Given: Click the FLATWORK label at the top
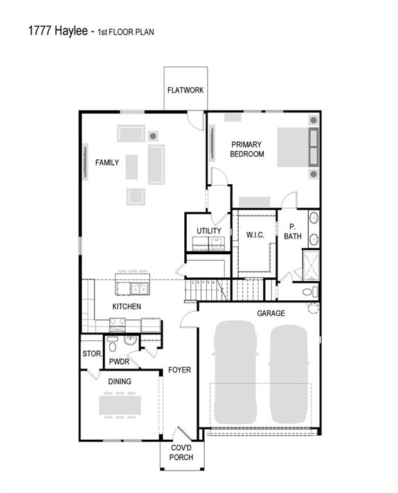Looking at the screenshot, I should [x=186, y=91].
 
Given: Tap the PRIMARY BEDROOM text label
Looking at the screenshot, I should [x=247, y=150].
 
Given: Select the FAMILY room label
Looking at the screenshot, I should [x=107, y=162].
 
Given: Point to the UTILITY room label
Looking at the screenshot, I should [x=209, y=231].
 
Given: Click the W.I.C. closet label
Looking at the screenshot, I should [x=255, y=235].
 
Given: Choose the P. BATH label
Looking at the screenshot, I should [x=292, y=232].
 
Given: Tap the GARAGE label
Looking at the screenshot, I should [x=271, y=313].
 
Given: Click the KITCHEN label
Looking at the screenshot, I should [x=126, y=307].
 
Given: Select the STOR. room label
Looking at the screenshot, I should [x=91, y=354].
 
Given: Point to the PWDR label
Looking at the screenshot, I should [x=119, y=362].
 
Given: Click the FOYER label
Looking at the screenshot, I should [x=180, y=370].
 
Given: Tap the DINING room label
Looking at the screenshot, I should [x=119, y=382].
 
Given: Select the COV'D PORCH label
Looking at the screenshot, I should [x=181, y=453].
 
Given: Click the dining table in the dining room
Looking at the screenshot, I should [x=119, y=405].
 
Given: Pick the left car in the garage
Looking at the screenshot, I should [x=235, y=369].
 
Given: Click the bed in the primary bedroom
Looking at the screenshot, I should [x=292, y=147].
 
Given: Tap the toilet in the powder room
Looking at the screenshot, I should [x=114, y=347].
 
